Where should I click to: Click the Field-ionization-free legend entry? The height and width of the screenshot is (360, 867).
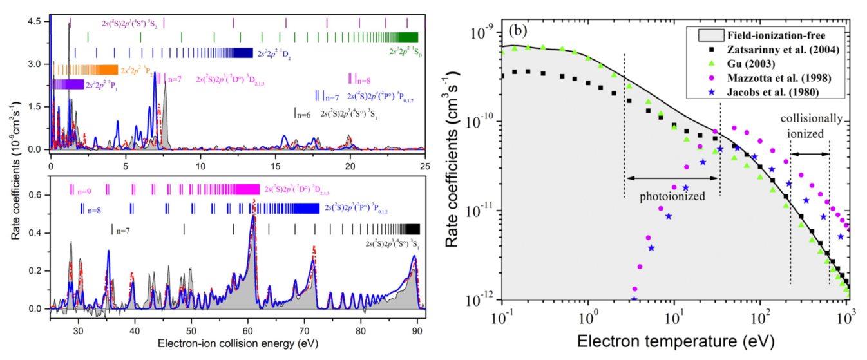(772, 35)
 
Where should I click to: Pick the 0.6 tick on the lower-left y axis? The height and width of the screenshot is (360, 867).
(35, 195)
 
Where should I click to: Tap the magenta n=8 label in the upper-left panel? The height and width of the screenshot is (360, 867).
(363, 81)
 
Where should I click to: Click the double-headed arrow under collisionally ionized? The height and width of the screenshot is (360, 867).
(810, 154)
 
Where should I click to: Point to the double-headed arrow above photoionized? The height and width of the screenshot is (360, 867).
(672, 177)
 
